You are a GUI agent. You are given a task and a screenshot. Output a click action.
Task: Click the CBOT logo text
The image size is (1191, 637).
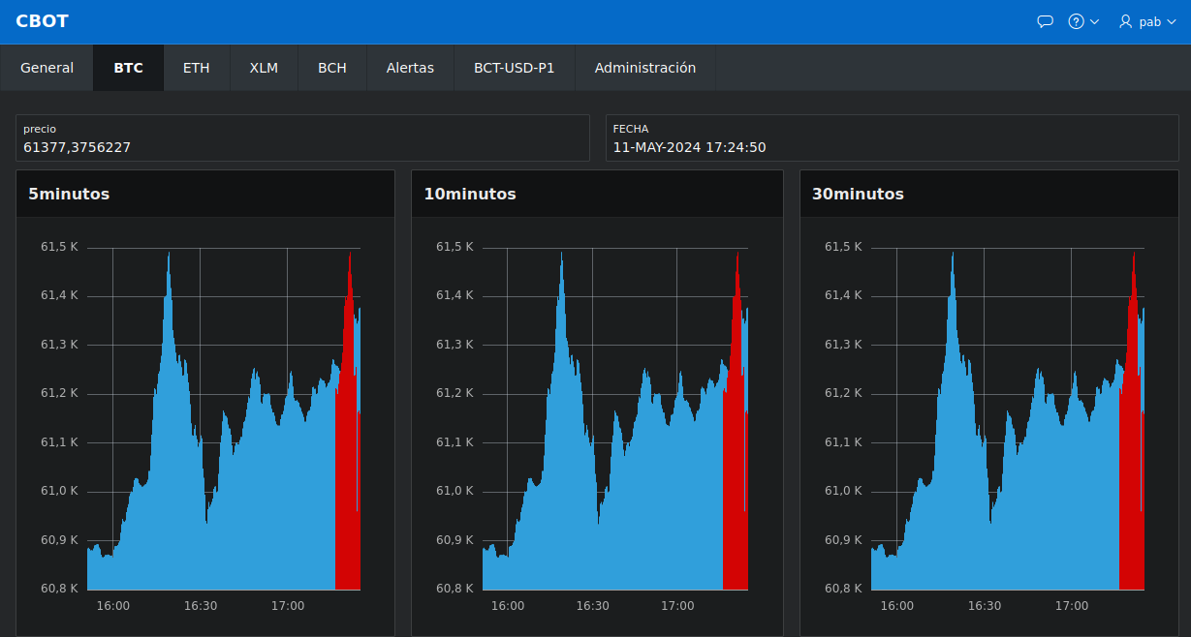tap(42, 21)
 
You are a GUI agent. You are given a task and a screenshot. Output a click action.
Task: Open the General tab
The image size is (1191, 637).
tap(47, 68)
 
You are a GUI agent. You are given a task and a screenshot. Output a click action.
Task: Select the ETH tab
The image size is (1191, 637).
tap(196, 68)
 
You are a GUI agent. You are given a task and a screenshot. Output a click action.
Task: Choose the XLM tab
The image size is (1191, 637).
tap(264, 68)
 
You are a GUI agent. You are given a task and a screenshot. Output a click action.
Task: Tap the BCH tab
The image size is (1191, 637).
tap(332, 68)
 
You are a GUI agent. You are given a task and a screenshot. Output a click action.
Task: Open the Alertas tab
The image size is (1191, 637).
tap(410, 68)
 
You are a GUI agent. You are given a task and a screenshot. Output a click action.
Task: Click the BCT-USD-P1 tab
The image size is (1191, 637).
tap(514, 68)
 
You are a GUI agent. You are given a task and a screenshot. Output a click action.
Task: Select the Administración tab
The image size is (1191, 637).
tap(645, 68)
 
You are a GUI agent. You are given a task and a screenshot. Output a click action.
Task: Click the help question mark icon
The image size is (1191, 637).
tap(1076, 21)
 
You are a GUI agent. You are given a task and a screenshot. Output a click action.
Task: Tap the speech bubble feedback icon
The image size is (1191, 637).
tap(1045, 21)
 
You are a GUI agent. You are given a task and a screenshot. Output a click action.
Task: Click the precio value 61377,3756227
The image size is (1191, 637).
tap(77, 147)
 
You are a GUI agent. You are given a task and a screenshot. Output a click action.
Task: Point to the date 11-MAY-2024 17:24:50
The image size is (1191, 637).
tap(689, 147)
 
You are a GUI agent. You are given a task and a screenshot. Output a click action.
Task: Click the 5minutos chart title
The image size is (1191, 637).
tap(69, 194)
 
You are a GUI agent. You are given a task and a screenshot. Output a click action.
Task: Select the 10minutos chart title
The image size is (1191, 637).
tap(470, 194)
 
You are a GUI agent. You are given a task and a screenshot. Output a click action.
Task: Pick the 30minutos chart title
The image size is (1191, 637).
tap(858, 194)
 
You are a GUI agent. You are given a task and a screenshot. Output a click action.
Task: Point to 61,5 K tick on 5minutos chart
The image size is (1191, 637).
tap(59, 247)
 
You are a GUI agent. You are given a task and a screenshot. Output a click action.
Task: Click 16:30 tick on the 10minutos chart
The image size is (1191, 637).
tap(592, 606)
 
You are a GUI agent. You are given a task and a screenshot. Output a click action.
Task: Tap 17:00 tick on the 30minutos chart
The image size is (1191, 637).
tap(1072, 606)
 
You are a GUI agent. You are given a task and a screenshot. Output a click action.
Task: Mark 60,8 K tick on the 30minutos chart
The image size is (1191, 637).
tap(843, 589)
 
